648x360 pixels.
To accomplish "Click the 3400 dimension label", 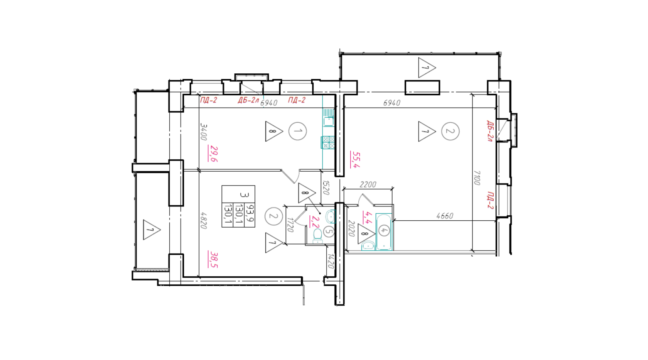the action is (204, 132).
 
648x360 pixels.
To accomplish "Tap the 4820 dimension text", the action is (204, 221).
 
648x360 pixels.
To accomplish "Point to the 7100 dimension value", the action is (477, 177).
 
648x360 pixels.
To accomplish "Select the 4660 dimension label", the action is (445, 216).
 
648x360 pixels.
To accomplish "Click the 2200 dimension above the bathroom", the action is (368, 184).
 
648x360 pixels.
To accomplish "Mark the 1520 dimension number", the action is (326, 188).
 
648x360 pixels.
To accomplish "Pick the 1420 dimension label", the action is (331, 261).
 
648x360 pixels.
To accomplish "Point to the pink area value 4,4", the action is (367, 217).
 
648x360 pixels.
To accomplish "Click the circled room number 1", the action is (298, 131).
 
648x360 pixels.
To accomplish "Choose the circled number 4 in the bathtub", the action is (384, 231).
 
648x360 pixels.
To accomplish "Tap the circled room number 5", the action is (329, 232).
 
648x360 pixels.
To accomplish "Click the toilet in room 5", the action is (317, 236).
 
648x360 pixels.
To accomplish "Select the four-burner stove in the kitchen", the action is (328, 142).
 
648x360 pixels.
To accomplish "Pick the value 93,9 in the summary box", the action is (250, 213).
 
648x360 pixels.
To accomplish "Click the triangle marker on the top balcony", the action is (427, 68).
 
